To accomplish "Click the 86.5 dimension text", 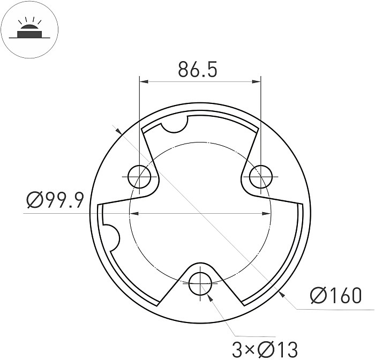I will [x=198, y=69].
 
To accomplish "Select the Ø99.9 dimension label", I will [x=55, y=201].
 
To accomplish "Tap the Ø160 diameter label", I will [x=336, y=295].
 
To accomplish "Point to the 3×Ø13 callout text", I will [x=265, y=349].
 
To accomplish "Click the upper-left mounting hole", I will [x=139, y=176].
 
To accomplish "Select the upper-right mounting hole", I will [x=261, y=176].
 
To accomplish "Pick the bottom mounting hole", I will [x=200, y=281].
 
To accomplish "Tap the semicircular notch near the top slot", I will [x=175, y=124].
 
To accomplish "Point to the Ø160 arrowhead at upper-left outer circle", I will [x=119, y=130].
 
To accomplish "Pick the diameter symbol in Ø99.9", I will [x=34, y=201].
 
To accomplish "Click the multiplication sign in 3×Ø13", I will [x=248, y=350].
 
